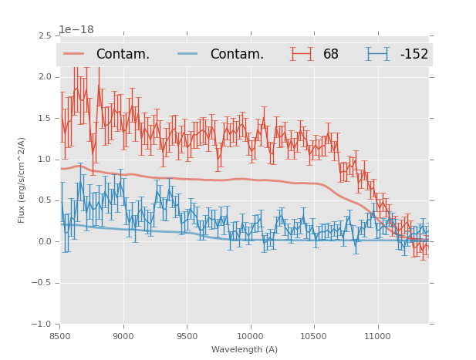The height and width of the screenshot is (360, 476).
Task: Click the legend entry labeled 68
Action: pyautogui.click(x=330, y=54)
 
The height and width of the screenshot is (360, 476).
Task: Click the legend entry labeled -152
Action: pyautogui.click(x=414, y=54)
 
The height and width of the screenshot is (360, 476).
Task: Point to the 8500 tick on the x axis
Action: pyautogui.click(x=60, y=336)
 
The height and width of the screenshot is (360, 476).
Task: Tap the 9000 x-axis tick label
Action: pyautogui.click(x=123, y=336)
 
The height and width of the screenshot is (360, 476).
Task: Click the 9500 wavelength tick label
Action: pyautogui.click(x=187, y=336)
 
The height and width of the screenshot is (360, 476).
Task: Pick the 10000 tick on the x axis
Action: pyautogui.click(x=251, y=336)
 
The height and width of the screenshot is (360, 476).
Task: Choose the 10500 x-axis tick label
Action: pyautogui.click(x=314, y=336)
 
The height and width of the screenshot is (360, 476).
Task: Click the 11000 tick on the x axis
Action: pyautogui.click(x=378, y=336)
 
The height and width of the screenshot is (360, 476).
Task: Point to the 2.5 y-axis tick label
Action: pyautogui.click(x=44, y=36)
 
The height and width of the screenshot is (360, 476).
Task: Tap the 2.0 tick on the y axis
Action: pyautogui.click(x=44, y=77)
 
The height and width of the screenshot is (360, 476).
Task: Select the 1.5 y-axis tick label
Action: pyautogui.click(x=44, y=118)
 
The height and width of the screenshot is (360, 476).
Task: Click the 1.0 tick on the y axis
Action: pyautogui.click(x=44, y=160)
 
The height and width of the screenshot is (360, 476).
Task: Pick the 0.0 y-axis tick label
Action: pyautogui.click(x=44, y=241)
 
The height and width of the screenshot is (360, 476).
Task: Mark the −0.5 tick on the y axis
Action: pyautogui.click(x=41, y=283)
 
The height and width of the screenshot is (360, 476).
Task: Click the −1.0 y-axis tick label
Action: pyautogui.click(x=41, y=324)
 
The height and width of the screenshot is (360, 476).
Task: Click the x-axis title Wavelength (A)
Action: pyautogui.click(x=245, y=350)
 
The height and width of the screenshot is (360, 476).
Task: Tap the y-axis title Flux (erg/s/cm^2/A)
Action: pyautogui.click(x=22, y=180)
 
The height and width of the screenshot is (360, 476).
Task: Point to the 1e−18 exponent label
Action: pyautogui.click(x=76, y=30)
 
